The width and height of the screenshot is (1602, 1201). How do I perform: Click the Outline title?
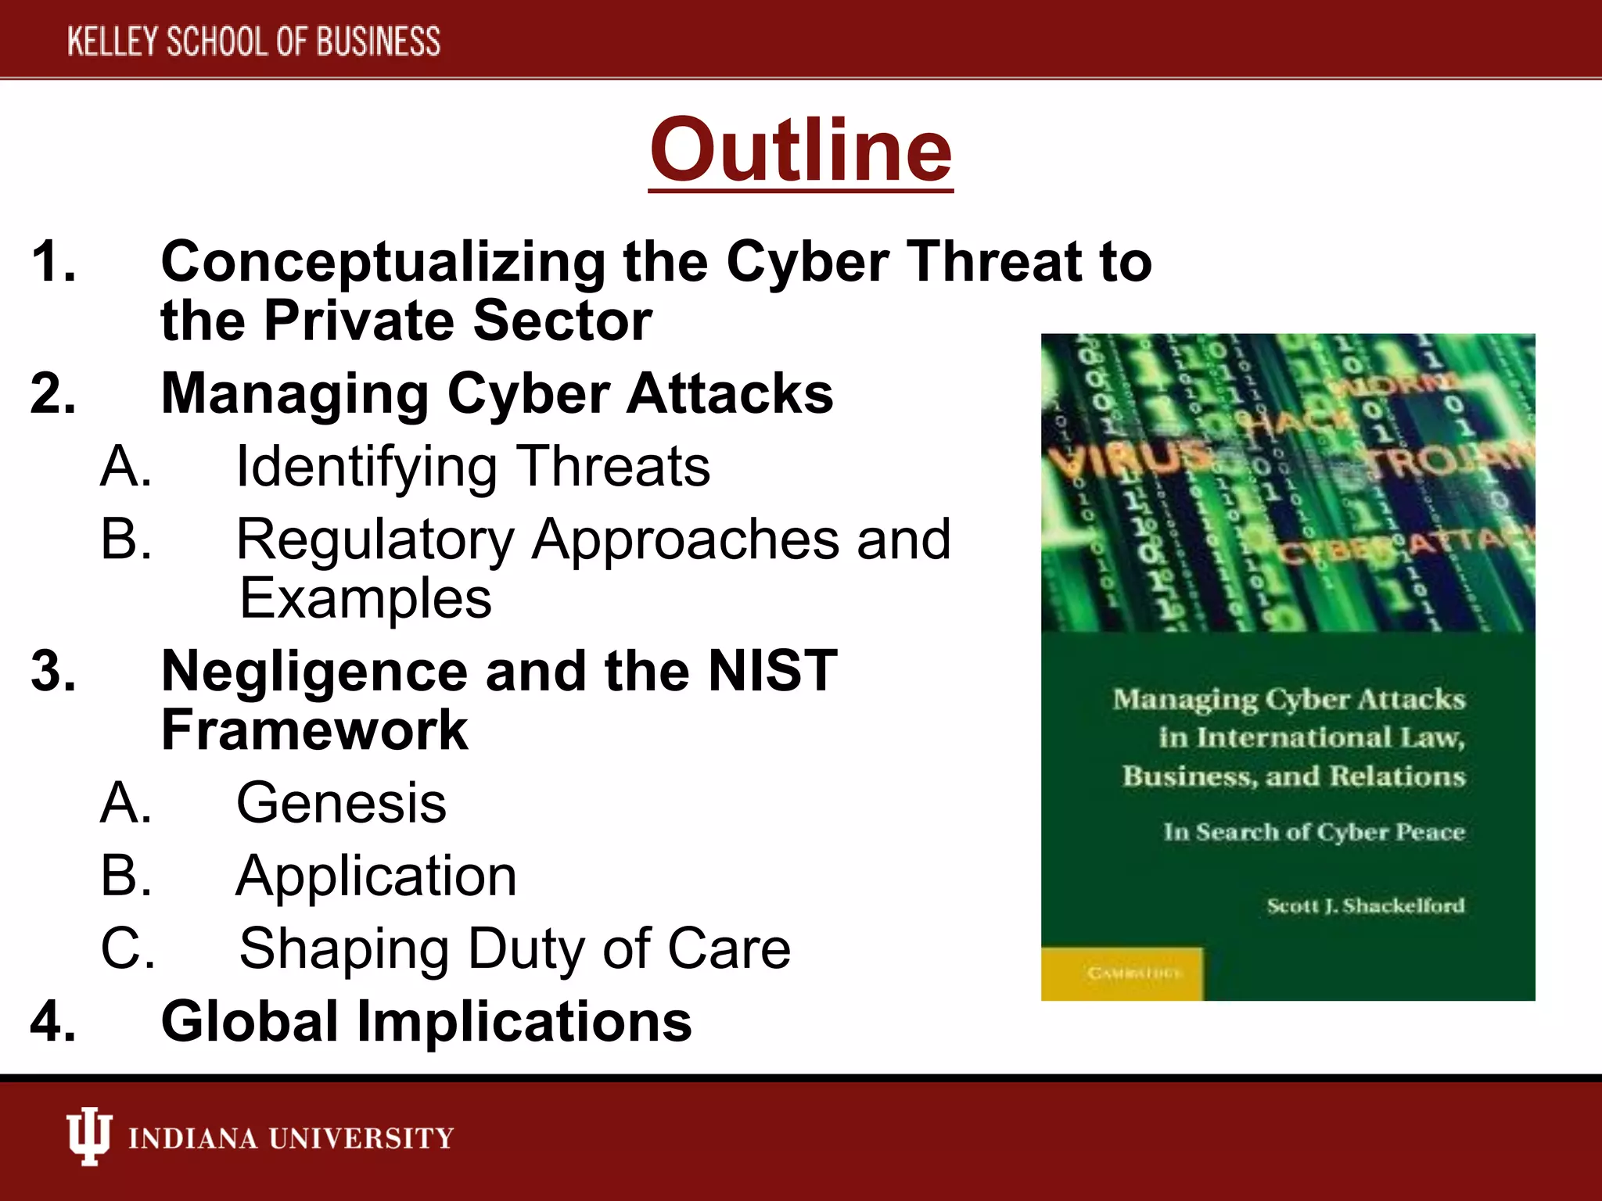point(800,150)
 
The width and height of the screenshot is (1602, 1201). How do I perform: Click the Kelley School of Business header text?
point(253,41)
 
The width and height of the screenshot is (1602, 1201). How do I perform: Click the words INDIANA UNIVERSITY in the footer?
point(291,1138)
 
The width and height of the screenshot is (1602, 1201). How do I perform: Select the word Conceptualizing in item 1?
point(383,262)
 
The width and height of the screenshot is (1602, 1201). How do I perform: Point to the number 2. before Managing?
point(53,393)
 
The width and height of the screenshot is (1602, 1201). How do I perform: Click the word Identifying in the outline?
point(367,467)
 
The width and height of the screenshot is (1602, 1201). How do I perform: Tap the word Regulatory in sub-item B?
point(375,540)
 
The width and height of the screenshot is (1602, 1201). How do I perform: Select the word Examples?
point(365,599)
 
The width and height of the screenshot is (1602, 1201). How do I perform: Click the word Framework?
point(314,730)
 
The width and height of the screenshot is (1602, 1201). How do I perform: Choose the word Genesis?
point(341,803)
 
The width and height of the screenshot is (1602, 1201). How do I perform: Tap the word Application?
point(376,876)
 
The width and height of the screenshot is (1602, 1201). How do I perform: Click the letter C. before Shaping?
point(128,948)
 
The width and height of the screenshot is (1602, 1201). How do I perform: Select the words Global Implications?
point(426,1022)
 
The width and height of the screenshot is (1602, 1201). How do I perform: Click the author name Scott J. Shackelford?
point(1365,905)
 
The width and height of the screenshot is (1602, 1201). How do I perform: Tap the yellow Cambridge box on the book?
point(1122,973)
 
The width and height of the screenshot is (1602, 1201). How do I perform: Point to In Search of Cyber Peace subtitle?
point(1313,832)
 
